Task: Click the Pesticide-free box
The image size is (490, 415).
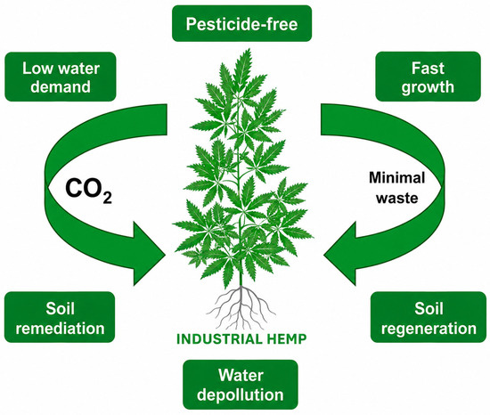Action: click(x=241, y=23)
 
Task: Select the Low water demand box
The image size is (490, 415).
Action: click(x=61, y=77)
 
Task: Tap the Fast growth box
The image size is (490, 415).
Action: click(x=428, y=77)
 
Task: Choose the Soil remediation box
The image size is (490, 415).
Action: click(x=60, y=317)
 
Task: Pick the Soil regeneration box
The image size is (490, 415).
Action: click(x=429, y=317)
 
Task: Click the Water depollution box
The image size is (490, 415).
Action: click(x=241, y=385)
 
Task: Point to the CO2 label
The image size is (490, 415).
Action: click(x=88, y=191)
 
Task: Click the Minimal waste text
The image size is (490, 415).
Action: click(x=396, y=188)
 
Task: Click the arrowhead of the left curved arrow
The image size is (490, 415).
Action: click(x=148, y=254)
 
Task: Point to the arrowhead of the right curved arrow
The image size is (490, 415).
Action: click(x=340, y=254)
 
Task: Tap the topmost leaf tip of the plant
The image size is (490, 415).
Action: click(x=249, y=49)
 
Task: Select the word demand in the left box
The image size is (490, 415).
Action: click(x=61, y=86)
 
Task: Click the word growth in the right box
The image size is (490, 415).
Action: click(x=428, y=87)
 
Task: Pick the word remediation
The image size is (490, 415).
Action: click(x=60, y=329)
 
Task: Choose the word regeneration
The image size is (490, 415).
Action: click(x=429, y=330)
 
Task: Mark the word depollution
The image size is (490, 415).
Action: click(x=241, y=395)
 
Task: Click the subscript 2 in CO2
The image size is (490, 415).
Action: click(x=107, y=199)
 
